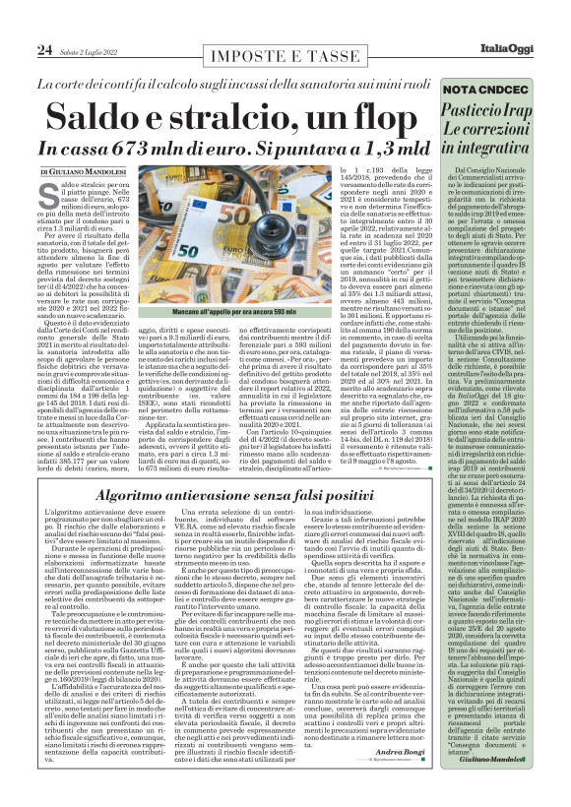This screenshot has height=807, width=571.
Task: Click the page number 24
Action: [44, 49]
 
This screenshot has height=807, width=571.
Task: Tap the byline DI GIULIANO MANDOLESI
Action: [86, 171]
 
